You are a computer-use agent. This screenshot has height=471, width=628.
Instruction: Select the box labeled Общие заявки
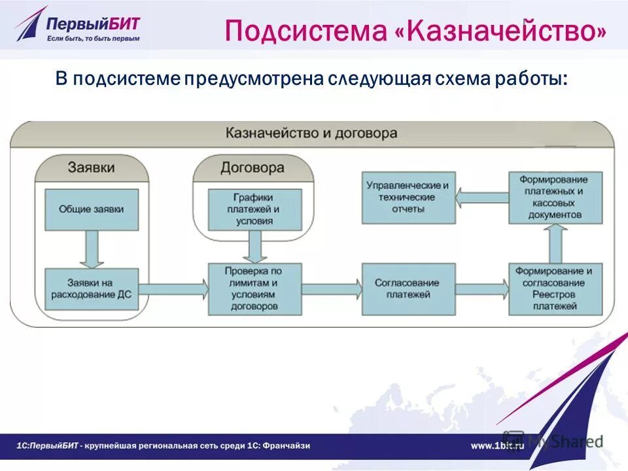[92, 209]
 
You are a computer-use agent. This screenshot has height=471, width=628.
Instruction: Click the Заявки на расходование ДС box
[91, 288]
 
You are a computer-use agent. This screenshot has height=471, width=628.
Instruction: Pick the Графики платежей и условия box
[254, 209]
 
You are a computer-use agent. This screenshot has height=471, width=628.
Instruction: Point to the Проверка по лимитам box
[254, 288]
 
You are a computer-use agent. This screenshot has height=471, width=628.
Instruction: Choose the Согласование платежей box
[408, 288]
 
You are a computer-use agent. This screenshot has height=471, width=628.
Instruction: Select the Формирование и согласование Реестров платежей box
[555, 288]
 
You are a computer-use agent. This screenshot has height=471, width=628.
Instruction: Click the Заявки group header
[92, 167]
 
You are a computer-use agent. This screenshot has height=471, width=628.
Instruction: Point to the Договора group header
[253, 167]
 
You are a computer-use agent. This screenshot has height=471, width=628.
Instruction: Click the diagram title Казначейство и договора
[311, 133]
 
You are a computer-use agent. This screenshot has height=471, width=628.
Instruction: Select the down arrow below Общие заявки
[92, 249]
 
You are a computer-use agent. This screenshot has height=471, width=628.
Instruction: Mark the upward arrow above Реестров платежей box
[555, 243]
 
